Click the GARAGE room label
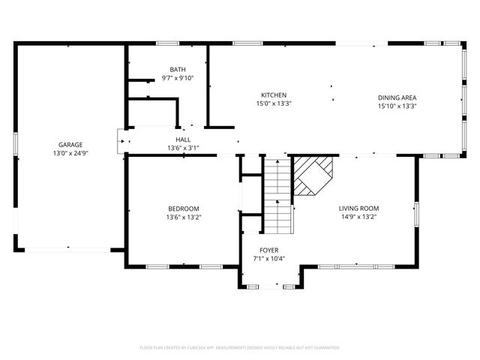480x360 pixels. click(x=70, y=145)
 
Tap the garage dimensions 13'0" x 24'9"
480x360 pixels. click(x=70, y=153)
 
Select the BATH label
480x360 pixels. click(x=178, y=69)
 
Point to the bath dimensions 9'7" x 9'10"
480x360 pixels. click(x=178, y=77)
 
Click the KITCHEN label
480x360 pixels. click(x=273, y=95)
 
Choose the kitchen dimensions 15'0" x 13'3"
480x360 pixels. click(x=273, y=103)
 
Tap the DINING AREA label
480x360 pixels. click(x=397, y=97)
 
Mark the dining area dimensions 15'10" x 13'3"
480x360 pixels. click(x=397, y=106)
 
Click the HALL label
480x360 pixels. click(x=183, y=139)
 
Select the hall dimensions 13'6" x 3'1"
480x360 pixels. click(x=183, y=148)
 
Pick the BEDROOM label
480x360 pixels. click(x=183, y=208)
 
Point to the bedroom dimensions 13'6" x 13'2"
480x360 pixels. click(x=183, y=217)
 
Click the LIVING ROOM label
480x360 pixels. click(x=358, y=208)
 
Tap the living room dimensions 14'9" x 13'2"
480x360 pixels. click(x=358, y=217)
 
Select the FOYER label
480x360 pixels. click(x=268, y=250)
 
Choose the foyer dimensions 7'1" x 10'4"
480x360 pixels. click(x=268, y=259)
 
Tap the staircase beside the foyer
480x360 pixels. click(x=277, y=195)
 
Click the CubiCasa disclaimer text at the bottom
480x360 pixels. click(x=240, y=347)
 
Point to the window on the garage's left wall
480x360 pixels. click(x=15, y=144)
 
